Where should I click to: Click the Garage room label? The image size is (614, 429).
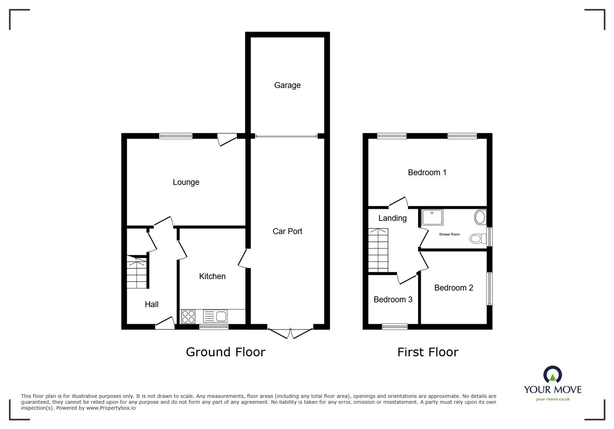click(287, 85)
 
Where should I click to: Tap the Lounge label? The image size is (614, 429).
click(186, 182)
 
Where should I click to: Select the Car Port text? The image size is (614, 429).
click(287, 231)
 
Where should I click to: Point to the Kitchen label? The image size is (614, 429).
click(212, 276)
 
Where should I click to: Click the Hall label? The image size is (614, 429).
click(152, 304)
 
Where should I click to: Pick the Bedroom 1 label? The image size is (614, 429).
click(427, 173)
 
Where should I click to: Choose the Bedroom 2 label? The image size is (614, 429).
click(454, 288)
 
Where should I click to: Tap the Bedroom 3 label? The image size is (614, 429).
click(393, 299)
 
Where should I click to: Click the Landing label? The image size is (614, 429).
click(393, 218)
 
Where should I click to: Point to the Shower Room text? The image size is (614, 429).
click(449, 234)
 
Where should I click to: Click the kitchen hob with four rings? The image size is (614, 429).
click(188, 317)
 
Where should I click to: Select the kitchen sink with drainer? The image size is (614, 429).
click(215, 316)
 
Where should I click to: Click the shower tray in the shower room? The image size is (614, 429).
click(432, 217)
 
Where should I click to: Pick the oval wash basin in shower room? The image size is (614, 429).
click(480, 217)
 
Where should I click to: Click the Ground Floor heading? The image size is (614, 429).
click(226, 352)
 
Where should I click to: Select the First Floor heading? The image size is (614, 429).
click(427, 352)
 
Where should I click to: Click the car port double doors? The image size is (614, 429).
click(290, 333)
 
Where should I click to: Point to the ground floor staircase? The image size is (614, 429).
click(137, 272)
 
